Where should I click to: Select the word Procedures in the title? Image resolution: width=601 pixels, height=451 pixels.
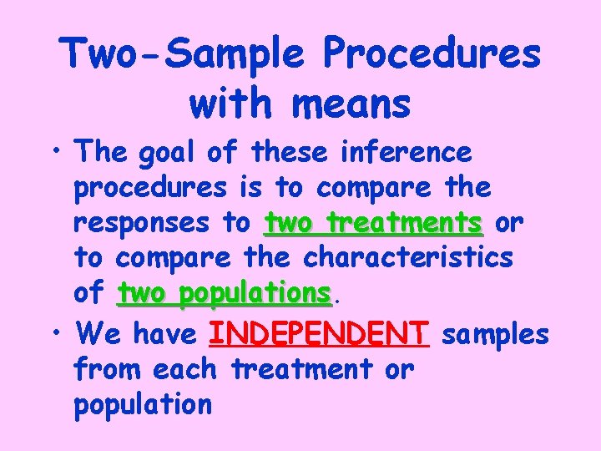(431, 54)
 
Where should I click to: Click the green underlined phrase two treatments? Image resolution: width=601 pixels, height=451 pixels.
(372, 224)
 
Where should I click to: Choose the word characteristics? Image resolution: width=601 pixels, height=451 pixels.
(407, 258)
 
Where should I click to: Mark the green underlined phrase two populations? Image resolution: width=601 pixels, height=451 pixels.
(224, 293)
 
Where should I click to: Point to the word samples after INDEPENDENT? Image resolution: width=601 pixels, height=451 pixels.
(495, 334)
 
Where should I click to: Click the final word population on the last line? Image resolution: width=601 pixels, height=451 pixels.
(143, 405)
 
